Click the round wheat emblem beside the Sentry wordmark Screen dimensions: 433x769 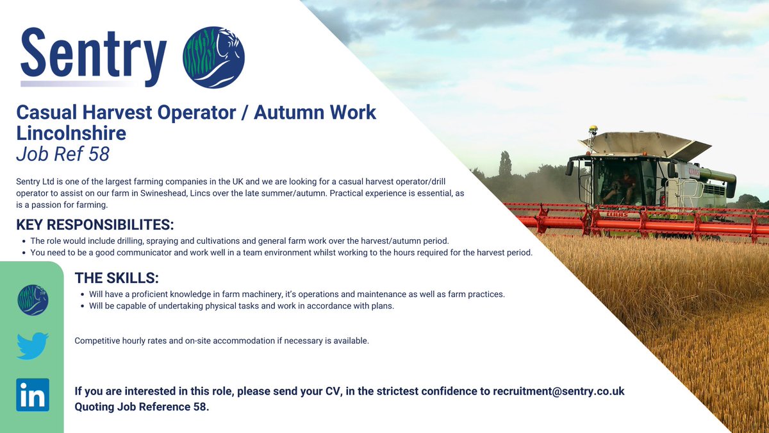(x=213, y=57)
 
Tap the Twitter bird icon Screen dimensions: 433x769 (x=33, y=346)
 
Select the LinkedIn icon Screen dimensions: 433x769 (x=33, y=395)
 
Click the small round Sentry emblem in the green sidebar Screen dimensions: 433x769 (x=33, y=300)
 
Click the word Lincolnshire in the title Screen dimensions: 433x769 (x=71, y=133)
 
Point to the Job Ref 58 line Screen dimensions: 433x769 (x=63, y=155)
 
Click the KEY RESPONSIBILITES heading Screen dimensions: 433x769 (x=95, y=225)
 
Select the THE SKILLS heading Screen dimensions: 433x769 (x=117, y=278)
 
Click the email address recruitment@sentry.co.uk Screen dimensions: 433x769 (x=558, y=391)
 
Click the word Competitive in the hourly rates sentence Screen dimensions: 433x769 (x=97, y=341)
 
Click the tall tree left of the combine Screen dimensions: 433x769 (x=506, y=166)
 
